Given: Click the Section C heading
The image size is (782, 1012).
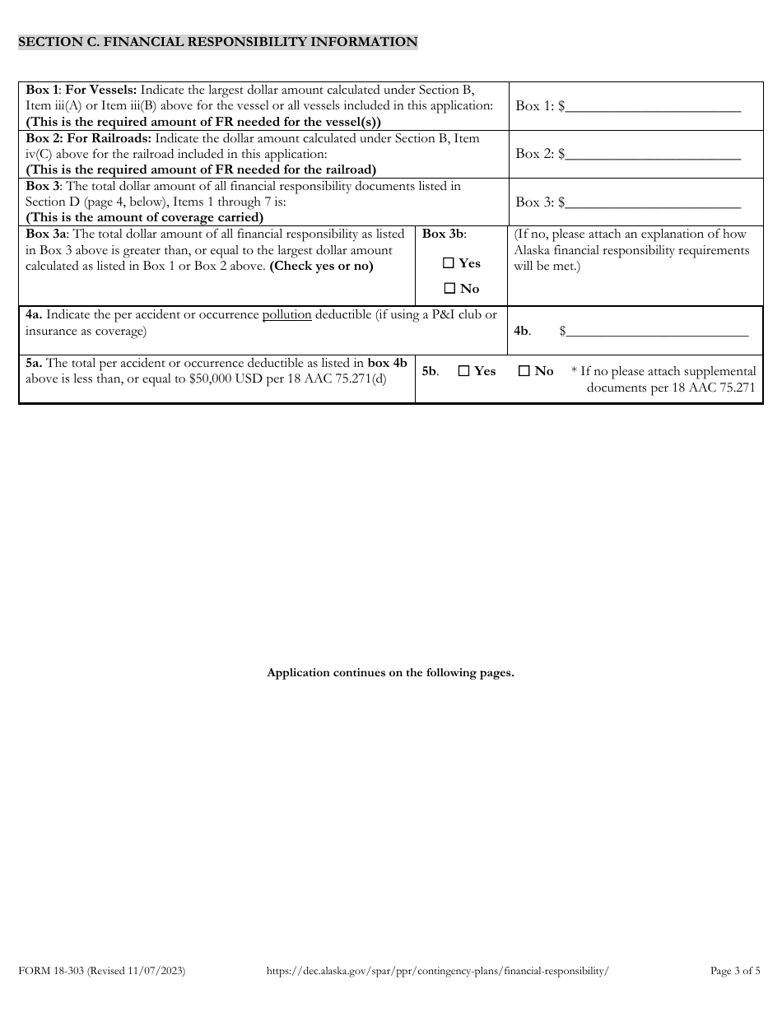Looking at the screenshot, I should (217, 42).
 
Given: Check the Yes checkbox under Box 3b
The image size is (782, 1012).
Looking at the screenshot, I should (449, 263).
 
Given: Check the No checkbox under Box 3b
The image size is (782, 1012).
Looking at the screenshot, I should (449, 289).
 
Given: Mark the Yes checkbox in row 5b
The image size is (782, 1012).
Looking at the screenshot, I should (463, 371).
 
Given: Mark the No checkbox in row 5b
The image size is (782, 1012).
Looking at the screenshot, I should (524, 371).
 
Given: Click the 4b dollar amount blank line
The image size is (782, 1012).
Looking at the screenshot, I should (657, 332).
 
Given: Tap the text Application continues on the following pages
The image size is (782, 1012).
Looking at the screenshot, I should (390, 672).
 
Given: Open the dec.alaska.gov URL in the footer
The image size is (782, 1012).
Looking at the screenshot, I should (438, 971).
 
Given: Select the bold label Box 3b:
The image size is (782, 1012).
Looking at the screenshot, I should (444, 234).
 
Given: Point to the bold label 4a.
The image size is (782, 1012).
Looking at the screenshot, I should (34, 315).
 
